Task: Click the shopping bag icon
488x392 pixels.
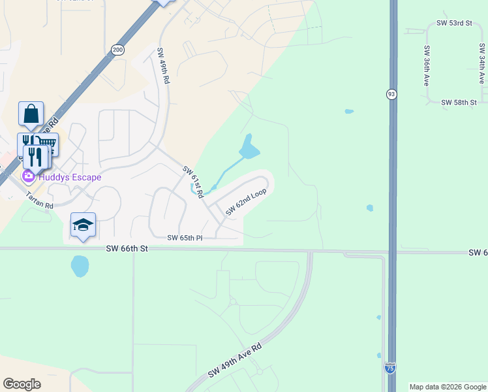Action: click(31, 114)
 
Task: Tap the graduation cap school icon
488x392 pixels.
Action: click(83, 225)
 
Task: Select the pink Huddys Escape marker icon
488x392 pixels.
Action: click(28, 176)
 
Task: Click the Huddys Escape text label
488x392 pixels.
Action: click(70, 177)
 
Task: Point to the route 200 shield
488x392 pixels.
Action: click(117, 49)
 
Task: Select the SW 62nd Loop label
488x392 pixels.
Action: click(247, 203)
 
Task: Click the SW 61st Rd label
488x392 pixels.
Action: click(194, 182)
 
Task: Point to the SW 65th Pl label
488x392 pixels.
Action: click(185, 238)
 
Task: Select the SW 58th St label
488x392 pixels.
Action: click(459, 103)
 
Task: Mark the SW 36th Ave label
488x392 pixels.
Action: click(427, 65)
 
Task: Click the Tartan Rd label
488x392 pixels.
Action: click(39, 200)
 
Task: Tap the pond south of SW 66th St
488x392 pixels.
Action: click(80, 266)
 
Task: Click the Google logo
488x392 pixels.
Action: click(22, 384)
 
